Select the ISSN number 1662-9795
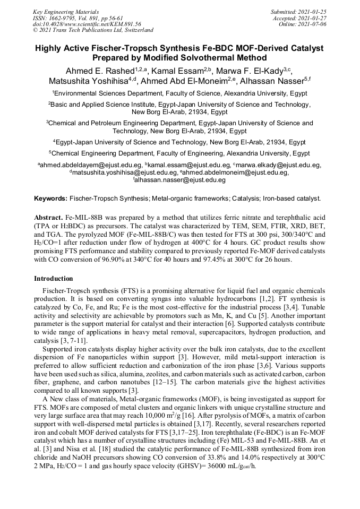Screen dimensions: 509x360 click(67, 18)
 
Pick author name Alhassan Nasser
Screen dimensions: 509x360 click(271, 81)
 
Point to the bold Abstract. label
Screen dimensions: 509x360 click(48, 218)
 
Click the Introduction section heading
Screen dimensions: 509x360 click(54, 279)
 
